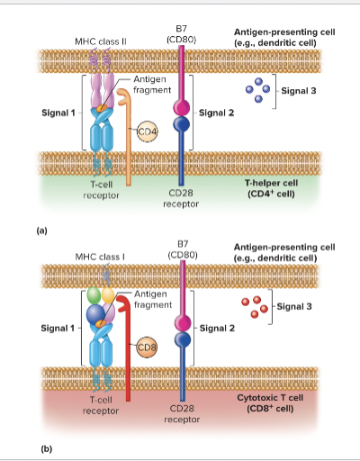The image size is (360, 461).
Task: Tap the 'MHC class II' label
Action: pos(100,41)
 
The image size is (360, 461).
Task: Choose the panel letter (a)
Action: pos(41,230)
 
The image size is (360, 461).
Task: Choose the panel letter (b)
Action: pos(41,447)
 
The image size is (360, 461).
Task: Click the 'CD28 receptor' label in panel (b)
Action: pos(183,413)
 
